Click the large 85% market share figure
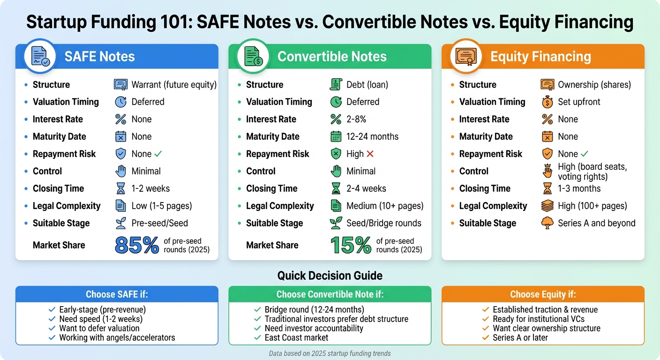click(136, 245)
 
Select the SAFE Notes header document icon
click(40, 56)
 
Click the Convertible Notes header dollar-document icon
click(253, 56)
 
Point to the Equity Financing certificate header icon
click(466, 56)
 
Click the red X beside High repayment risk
click(370, 154)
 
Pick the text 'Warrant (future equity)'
click(174, 85)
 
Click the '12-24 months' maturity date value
click(372, 136)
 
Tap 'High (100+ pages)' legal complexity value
click(592, 206)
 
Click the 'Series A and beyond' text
click(596, 223)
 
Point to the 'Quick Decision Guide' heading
click(330, 276)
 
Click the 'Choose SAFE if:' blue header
click(117, 294)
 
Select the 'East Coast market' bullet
click(296, 337)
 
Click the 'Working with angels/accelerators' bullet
click(117, 337)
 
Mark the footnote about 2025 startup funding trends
click(330, 353)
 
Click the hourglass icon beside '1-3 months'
click(547, 188)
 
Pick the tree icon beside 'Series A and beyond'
click(547, 223)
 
